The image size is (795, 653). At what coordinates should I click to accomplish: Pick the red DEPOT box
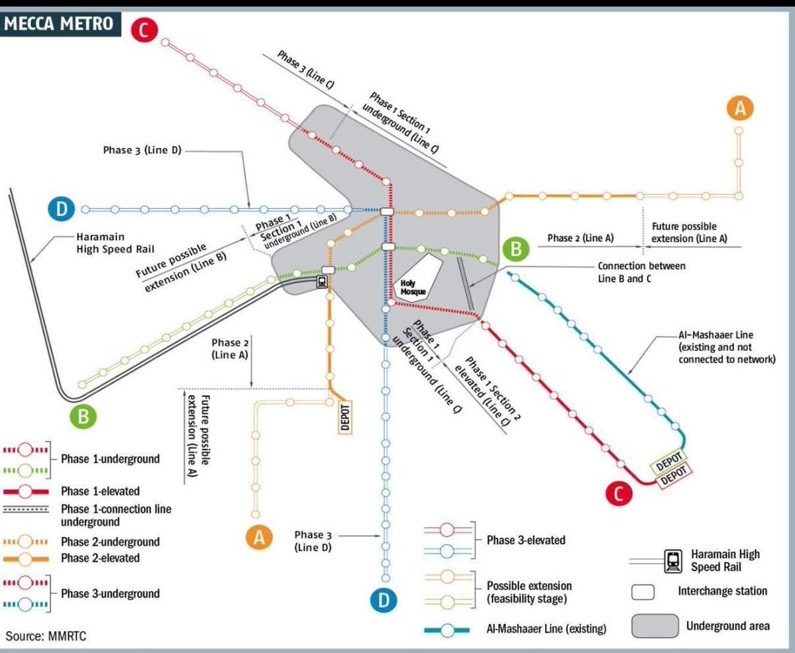pos(673,473)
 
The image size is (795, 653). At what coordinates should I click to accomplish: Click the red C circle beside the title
pos(144,30)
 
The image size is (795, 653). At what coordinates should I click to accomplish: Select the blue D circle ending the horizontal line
pos(62,209)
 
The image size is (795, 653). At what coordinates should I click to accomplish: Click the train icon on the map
pos(321,282)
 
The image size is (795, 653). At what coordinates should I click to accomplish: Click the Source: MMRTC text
pos(46,636)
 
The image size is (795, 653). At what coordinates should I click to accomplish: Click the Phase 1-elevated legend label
pos(101,491)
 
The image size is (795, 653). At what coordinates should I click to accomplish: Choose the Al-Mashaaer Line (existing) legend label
pos(547,628)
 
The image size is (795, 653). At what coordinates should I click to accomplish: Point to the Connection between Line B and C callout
pos(641,272)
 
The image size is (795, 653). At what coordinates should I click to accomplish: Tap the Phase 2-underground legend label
pos(110,542)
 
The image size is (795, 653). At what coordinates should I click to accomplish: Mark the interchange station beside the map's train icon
pos(327,270)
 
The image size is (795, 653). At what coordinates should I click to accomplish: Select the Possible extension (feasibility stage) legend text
pos(529,592)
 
